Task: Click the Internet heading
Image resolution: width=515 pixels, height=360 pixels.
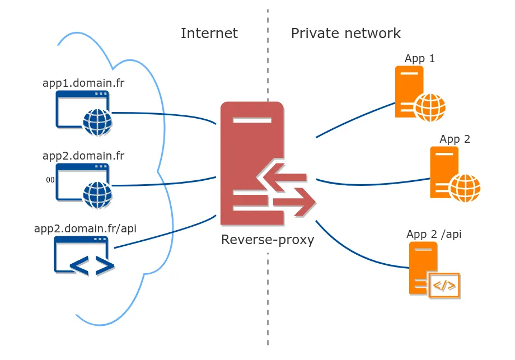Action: coord(209,34)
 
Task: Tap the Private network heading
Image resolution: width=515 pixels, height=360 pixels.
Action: coord(345,34)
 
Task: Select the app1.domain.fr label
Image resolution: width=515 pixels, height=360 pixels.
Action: coord(83,83)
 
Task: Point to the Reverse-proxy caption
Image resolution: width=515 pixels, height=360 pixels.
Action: coord(268,240)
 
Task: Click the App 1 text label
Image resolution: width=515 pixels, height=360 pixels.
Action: coord(420,59)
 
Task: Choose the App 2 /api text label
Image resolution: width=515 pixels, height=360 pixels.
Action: coord(434,234)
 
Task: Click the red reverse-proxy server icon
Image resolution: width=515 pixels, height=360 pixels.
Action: coord(252,162)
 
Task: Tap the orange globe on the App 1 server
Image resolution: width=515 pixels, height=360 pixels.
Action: coord(430,107)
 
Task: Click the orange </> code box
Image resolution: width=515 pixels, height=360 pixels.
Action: coord(444,286)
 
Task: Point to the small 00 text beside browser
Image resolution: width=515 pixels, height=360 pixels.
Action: coord(50,180)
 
